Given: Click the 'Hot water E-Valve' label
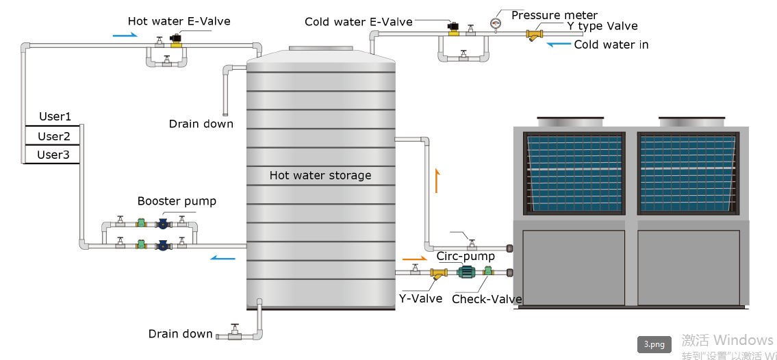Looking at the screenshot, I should point(179,21).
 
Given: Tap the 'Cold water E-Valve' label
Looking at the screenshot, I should point(359,22).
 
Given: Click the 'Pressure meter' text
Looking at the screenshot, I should point(555,15).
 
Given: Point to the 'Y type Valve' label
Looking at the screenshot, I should point(602,27).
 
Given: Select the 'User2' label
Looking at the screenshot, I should point(54,136).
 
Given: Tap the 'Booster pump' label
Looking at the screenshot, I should point(177,201).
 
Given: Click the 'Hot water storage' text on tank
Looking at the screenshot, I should point(320,175).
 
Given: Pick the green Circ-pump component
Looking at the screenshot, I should point(467,272).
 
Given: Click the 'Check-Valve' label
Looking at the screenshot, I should point(487,299).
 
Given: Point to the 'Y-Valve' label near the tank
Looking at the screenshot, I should point(420,299).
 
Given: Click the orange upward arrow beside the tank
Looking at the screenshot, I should point(436,181).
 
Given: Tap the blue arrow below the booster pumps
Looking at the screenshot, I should point(222,257).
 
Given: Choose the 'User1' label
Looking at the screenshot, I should point(55,117).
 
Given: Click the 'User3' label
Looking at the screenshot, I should point(53,155).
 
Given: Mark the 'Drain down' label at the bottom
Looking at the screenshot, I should point(180,334).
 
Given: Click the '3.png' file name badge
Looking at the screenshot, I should point(654,344).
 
